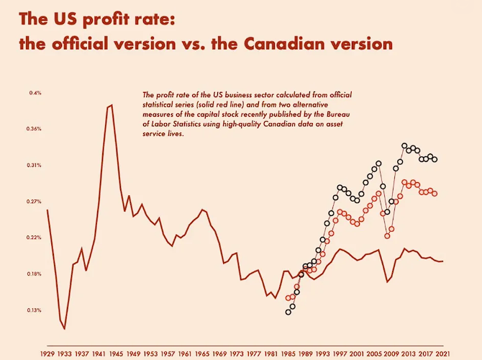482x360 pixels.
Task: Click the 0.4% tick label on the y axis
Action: point(35,93)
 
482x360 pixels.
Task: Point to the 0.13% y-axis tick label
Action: point(35,310)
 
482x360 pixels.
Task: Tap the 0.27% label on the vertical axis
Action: point(35,202)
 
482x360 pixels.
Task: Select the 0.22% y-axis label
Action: point(35,238)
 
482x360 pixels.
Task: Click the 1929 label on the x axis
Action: point(47,354)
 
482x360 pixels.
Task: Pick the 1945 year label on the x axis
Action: point(117,354)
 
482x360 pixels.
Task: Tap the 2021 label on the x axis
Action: point(442,354)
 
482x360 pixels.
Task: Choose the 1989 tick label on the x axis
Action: point(305,354)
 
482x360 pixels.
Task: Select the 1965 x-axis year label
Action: point(202,354)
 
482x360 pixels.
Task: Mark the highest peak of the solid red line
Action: point(111,105)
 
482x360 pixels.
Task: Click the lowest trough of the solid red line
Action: point(65,329)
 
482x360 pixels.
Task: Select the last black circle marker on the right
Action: point(435,159)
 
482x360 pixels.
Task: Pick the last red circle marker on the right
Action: point(435,194)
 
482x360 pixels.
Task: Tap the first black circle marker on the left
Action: point(288,312)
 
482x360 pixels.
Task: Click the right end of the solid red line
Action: point(442,261)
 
